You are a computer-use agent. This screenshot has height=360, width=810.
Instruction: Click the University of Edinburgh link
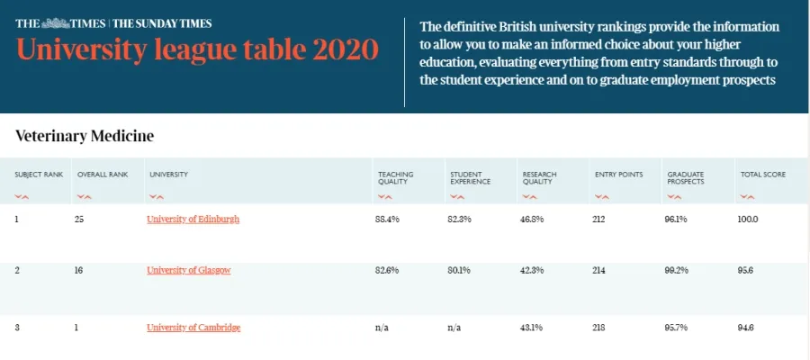click(x=193, y=219)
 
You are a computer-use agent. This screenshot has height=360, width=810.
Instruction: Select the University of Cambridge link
click(x=193, y=328)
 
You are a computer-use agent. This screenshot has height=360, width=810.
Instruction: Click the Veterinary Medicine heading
click(x=85, y=137)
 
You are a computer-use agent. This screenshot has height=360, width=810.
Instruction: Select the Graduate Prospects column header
click(x=687, y=177)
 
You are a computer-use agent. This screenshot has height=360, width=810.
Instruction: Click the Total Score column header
click(x=762, y=174)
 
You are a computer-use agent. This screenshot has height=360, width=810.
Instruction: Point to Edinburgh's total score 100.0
click(x=748, y=219)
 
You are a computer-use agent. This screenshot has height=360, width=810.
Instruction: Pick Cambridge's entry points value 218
click(x=600, y=328)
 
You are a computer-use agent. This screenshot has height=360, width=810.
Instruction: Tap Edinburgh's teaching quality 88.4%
click(x=388, y=219)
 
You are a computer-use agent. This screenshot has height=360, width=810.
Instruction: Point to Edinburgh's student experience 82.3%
click(x=460, y=219)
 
